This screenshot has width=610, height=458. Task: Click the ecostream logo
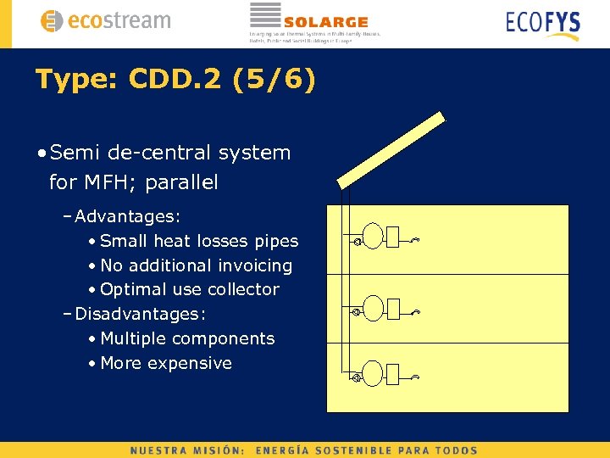click(x=105, y=21)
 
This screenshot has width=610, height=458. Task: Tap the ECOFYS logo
click(x=542, y=23)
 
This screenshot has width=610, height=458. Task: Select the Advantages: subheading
click(x=127, y=217)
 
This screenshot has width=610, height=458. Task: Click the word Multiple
click(x=133, y=338)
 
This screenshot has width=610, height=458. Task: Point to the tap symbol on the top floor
click(x=416, y=241)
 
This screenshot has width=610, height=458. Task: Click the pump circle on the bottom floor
click(x=358, y=377)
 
